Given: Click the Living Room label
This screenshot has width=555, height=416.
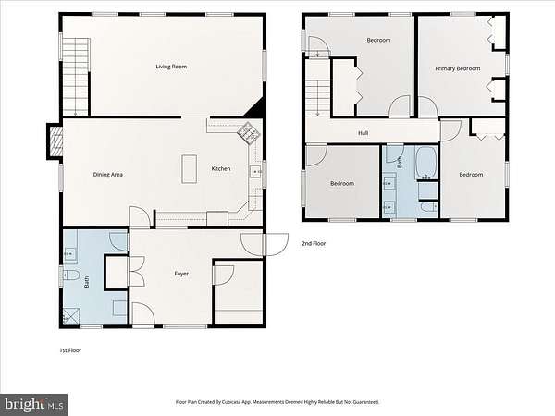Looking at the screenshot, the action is pos(171,67).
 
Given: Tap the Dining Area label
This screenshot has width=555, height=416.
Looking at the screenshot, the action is pos(108,175).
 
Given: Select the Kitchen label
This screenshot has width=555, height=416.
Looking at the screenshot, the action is pos(221,169).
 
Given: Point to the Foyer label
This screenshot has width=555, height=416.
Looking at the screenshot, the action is pos(181,274).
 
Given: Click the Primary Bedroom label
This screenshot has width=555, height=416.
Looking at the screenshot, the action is pos(458,68).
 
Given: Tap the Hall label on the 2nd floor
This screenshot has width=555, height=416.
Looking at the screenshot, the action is pos(364,133).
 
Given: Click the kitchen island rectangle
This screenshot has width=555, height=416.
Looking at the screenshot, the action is pos(190,169).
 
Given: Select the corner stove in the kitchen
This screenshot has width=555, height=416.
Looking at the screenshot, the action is pos(249,132).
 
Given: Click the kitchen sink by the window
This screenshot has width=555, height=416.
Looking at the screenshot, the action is pos(255,172).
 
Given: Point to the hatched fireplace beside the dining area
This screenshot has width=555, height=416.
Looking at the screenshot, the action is pos(55,141).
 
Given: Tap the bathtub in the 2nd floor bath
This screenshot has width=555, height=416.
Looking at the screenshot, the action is pos(425,164).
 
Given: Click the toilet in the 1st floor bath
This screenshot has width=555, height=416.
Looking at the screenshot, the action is pos(71,275).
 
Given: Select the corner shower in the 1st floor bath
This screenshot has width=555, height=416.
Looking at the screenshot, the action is pos(71,316).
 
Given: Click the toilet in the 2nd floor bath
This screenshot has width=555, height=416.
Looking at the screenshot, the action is pos(429,207).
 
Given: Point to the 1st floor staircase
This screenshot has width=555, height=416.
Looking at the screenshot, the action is pos(76,77).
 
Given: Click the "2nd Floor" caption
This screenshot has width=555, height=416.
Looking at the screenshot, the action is pos(314,243).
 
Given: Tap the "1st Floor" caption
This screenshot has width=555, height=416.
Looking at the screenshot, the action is pos(70,350).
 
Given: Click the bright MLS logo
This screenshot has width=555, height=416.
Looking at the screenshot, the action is pos(33,405).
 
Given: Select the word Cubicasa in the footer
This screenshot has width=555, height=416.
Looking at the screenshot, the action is pos(234,402).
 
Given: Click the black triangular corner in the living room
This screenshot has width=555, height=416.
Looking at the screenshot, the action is pos(254,107).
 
